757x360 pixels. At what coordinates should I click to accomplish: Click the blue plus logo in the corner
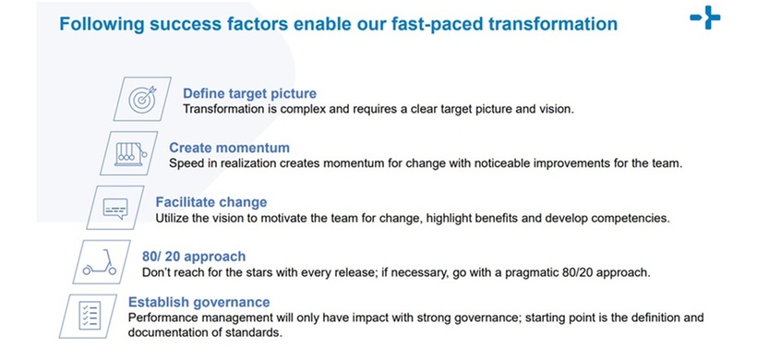(705, 18)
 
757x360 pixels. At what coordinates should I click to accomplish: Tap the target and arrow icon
(142, 99)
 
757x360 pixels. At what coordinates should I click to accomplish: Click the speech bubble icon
(116, 208)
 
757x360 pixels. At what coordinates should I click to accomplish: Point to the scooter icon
(100, 262)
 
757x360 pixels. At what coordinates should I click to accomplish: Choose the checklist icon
(90, 316)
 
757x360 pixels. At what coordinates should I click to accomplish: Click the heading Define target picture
(249, 93)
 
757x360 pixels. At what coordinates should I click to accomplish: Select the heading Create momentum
(229, 148)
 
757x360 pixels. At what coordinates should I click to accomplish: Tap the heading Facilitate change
(211, 202)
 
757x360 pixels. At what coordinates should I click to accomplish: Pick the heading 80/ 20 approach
(194, 257)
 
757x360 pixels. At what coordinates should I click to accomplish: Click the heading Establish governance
(198, 303)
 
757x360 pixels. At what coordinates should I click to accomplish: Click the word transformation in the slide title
(553, 24)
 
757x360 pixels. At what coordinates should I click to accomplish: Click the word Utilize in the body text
(172, 218)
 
